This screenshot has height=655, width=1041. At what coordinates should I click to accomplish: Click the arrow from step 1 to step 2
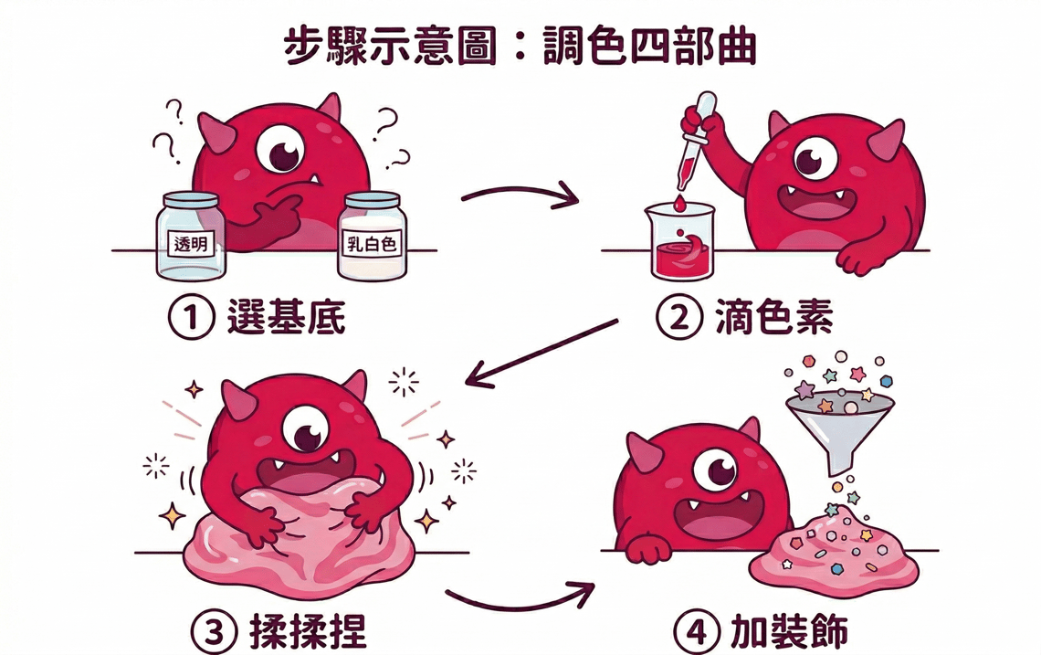(x=521, y=195)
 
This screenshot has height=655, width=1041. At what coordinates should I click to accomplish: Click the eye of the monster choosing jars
(x=279, y=151)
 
